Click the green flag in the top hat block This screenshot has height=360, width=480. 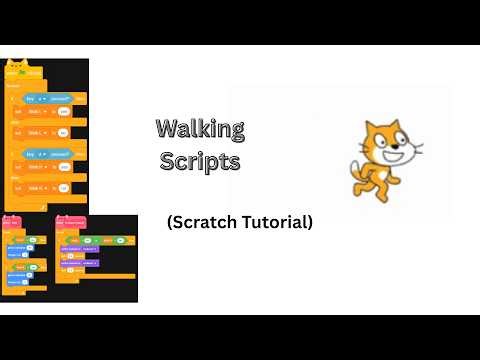pyautogui.click(x=22, y=72)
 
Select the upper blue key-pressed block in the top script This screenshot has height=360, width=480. pyautogui.click(x=46, y=99)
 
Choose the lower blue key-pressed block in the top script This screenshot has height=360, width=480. pyautogui.click(x=46, y=154)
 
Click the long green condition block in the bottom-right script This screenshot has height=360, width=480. pyautogui.click(x=95, y=240)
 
